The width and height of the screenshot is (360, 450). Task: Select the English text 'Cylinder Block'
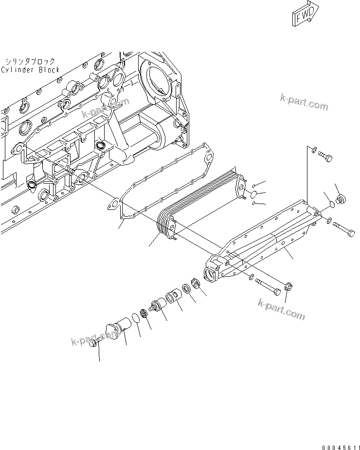point(30,70)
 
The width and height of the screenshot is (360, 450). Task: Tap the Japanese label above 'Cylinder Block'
point(30,61)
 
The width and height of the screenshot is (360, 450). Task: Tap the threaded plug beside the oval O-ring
point(340,200)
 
